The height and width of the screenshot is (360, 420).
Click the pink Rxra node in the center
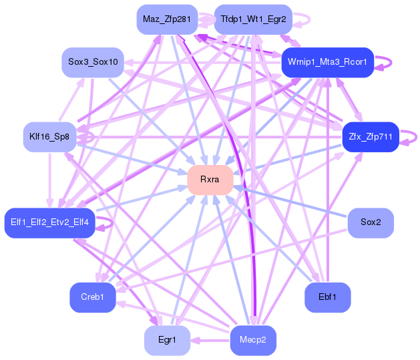210,180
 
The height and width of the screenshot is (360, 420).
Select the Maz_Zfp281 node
167,19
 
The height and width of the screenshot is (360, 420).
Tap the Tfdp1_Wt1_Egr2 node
253,19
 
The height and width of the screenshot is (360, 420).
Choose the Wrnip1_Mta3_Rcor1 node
327,62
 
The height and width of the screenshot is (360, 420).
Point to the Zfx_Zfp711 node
370,137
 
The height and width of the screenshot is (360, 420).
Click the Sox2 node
371,222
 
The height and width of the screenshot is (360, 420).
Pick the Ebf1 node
327,297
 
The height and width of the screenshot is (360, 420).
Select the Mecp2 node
253,340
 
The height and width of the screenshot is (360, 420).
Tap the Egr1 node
167,340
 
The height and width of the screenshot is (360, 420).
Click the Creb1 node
93,297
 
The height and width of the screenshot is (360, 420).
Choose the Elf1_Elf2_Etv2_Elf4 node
50,222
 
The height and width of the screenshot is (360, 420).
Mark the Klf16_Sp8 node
49,137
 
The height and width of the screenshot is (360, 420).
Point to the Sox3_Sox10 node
93,62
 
